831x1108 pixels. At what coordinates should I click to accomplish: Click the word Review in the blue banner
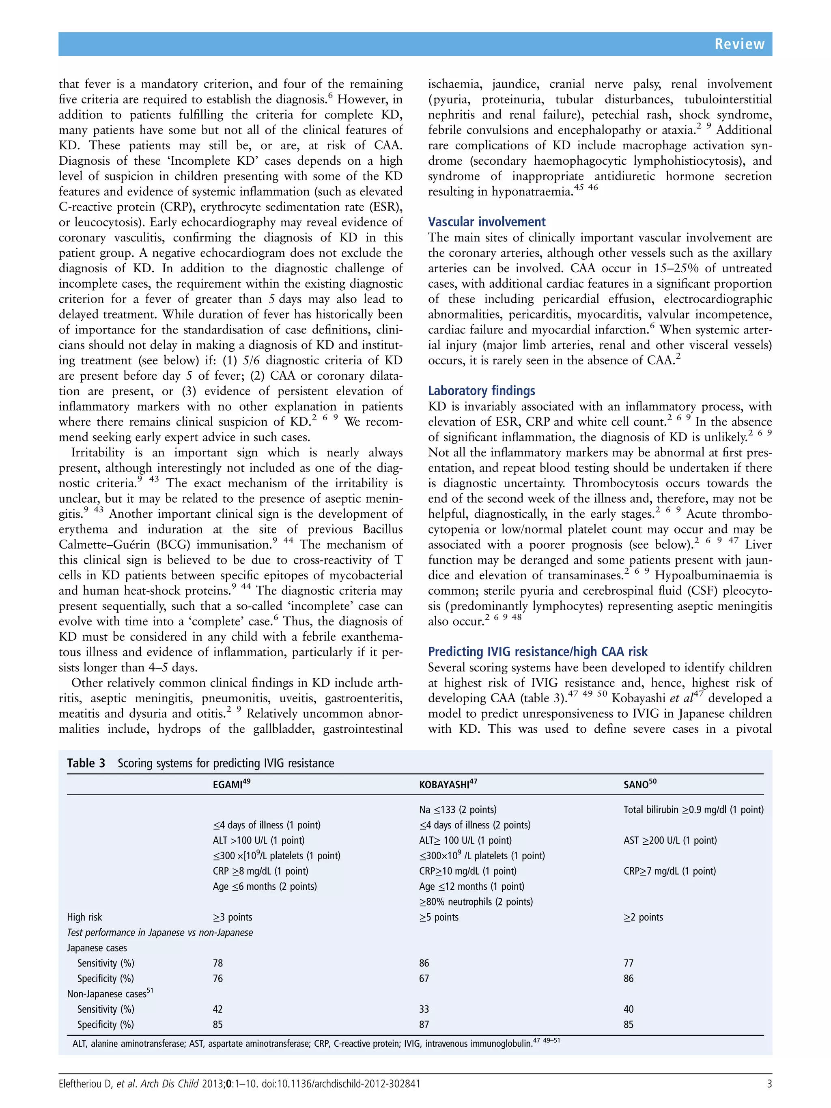(739, 44)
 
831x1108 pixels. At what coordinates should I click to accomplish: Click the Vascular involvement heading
(487, 222)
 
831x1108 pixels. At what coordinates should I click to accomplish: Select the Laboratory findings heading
(481, 391)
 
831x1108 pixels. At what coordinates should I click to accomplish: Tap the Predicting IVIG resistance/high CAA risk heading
(538, 652)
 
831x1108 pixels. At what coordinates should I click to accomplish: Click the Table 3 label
(86, 764)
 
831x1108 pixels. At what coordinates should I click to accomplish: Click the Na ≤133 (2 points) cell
(457, 810)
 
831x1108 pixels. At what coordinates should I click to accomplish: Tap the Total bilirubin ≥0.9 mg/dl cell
(693, 810)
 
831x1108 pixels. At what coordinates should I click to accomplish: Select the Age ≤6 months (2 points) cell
(265, 886)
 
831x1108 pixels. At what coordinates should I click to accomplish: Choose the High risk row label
(85, 917)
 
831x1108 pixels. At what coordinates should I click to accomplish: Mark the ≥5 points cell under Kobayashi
(439, 917)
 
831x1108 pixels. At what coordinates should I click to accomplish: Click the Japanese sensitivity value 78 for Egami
(218, 963)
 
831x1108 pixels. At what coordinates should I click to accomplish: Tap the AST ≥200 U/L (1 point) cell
(670, 841)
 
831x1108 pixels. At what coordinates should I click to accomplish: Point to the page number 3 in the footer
(769, 1084)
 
